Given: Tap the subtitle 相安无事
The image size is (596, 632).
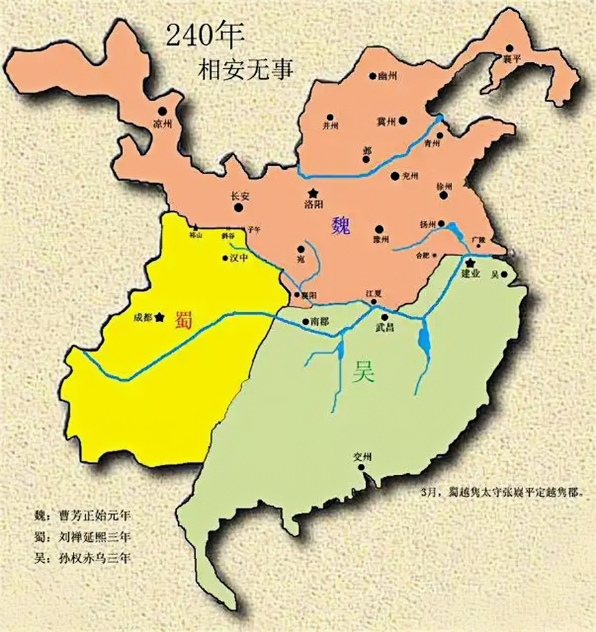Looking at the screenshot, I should point(244,70).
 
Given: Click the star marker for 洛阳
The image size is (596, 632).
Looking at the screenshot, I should point(312,192).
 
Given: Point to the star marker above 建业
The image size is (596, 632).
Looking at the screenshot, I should point(470,263).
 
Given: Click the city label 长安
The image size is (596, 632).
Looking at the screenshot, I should point(240,196).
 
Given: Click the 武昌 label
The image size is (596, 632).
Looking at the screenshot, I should point(385,327).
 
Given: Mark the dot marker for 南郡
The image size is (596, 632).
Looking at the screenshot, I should point(305,322).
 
